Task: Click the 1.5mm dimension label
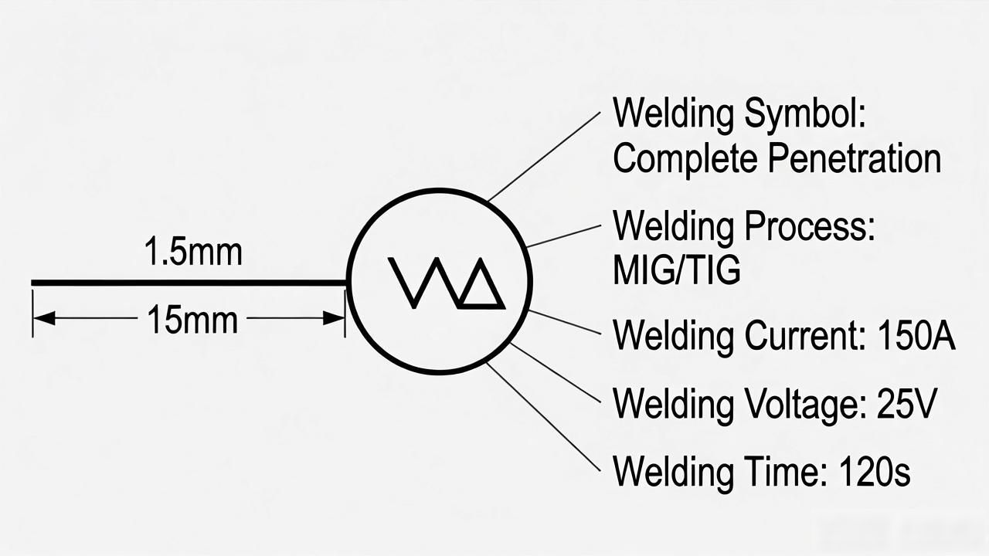pos(193,252)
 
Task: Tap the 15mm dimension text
pos(192,320)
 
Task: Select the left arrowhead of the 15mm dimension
pos(44,318)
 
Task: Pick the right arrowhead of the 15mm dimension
pos(333,318)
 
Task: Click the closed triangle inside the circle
pos(481,286)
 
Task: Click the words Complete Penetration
pos(777,159)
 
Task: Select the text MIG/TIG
pos(676,270)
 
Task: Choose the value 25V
pos(906,404)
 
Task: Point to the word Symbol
pos(805,114)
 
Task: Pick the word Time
pos(786,471)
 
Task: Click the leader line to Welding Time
pos(543,418)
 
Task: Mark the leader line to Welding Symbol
pos(545,157)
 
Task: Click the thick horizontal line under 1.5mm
pos(189,283)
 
